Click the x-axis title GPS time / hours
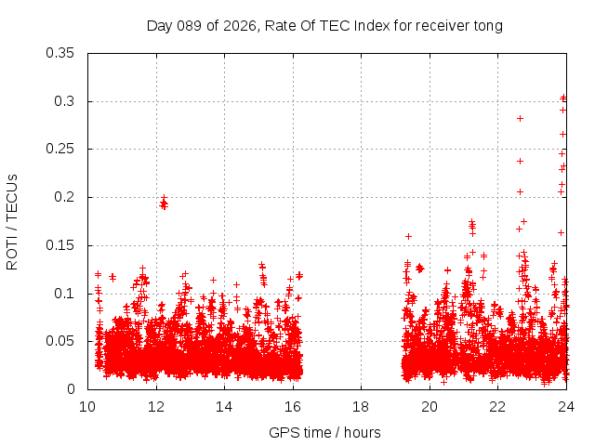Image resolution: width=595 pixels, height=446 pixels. (324, 432)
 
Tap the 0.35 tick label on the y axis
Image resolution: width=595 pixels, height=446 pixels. (60, 53)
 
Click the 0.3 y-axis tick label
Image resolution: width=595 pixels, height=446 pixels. (64, 101)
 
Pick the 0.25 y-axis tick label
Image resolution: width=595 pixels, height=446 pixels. (60, 149)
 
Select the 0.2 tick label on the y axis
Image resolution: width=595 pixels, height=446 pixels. (64, 197)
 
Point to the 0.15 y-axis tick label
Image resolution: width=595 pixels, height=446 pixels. (60, 245)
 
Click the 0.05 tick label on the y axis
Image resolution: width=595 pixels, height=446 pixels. (60, 341)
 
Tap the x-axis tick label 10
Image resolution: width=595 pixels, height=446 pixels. (87, 407)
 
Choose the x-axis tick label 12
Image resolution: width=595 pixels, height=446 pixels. (156, 407)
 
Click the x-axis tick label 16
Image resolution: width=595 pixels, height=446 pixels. (293, 407)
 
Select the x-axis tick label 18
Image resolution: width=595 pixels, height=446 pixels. (361, 407)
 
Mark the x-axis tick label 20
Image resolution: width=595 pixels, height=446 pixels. (430, 407)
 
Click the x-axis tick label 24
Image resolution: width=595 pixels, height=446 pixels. (566, 407)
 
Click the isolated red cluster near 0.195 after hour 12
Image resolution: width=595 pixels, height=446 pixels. (164, 203)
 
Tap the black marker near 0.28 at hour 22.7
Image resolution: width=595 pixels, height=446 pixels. (520, 118)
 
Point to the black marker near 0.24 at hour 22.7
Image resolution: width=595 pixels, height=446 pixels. (520, 161)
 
